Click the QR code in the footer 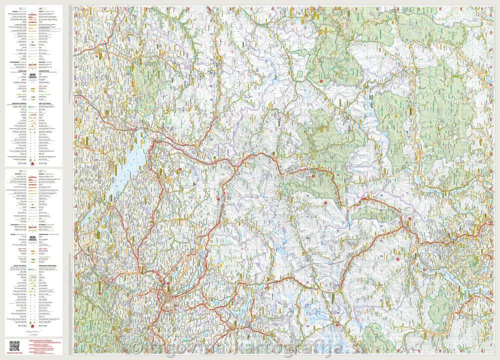click(14, 345)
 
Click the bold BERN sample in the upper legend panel click(33, 74)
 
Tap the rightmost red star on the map click(424, 270)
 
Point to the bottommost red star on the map click(338, 327)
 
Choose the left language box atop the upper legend click(19, 8)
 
